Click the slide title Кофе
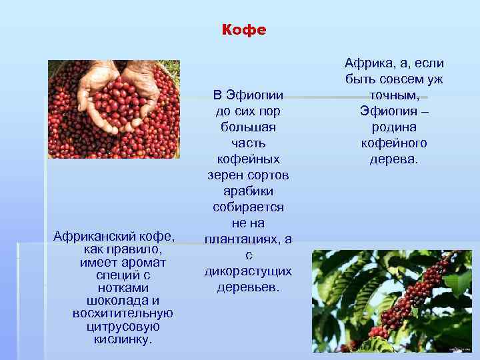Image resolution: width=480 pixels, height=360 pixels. pos(243,31)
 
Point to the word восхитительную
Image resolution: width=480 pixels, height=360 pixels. pos(123,313)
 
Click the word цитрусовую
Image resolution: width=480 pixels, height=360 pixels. pos(123,326)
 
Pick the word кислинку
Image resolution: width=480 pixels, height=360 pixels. pos(123,339)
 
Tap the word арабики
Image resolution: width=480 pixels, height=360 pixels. pos(248,191)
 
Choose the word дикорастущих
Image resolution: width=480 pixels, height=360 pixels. pos(248,272)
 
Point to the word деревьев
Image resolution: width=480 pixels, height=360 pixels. pos(248,288)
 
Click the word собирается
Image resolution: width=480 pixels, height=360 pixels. pos(248,207)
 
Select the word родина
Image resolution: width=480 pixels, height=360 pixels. pos(394,127)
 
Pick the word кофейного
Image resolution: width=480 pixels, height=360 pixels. pos(394,143)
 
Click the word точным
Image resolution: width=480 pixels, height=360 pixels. pos(393,95)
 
